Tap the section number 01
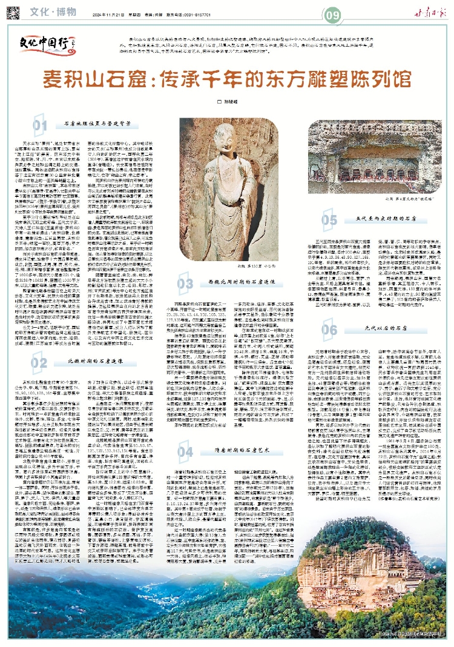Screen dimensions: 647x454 click(40, 125)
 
